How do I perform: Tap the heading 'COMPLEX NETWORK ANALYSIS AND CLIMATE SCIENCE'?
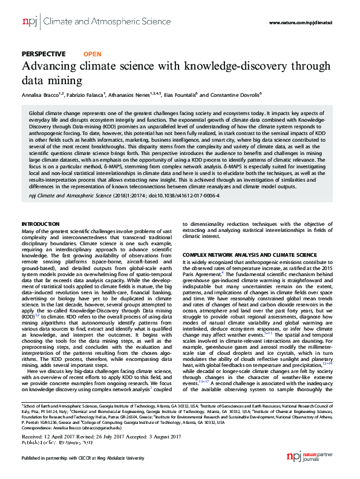pos(249,255)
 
